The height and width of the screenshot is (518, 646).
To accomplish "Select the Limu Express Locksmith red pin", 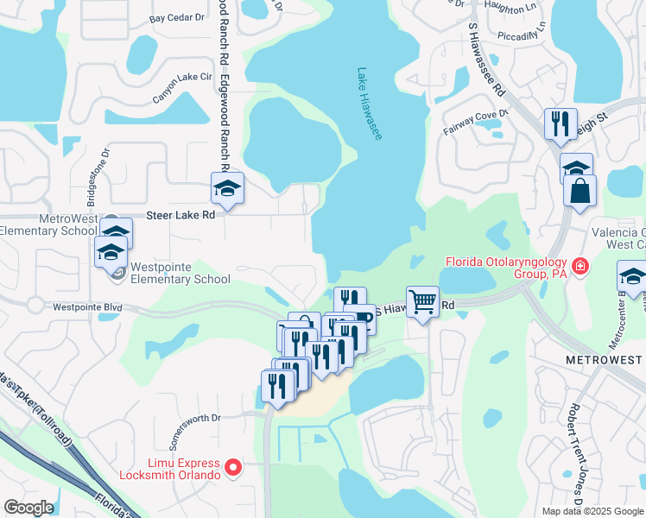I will (x=232, y=468).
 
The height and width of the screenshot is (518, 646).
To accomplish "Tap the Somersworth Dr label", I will (x=194, y=429).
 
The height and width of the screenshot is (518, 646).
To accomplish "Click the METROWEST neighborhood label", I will (x=604, y=358).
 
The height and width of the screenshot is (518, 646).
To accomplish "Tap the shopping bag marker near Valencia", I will (x=579, y=190).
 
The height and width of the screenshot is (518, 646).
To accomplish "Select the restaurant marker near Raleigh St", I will (x=560, y=123).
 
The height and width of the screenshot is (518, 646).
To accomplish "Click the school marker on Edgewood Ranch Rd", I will (x=227, y=188).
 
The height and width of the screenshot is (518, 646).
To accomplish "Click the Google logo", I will (x=28, y=508).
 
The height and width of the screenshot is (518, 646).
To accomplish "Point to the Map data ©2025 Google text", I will (x=592, y=511).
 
